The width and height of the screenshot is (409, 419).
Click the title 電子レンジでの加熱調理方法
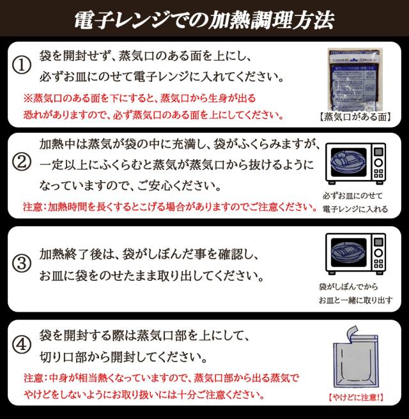[x=204, y=19]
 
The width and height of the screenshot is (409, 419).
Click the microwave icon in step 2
[x=357, y=163]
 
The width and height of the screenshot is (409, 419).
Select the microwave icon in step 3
[x=357, y=253]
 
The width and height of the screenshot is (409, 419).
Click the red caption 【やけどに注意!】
[x=357, y=397]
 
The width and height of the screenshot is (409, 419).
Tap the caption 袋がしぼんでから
[x=344, y=287]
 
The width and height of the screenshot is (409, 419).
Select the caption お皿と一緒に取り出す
[x=356, y=300]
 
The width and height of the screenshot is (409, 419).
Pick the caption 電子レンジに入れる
[x=355, y=209]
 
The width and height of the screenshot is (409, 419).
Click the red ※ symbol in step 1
[x=27, y=99]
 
